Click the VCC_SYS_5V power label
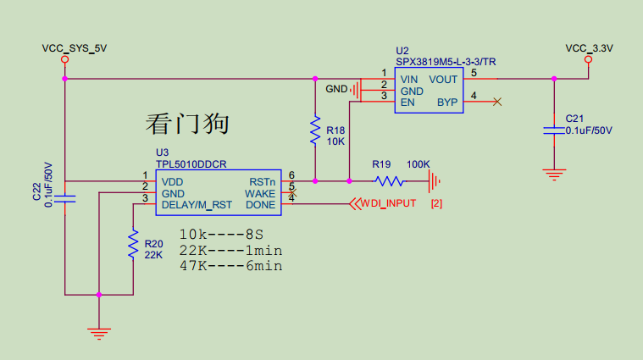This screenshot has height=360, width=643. (x=74, y=48)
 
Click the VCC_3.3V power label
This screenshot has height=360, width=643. (x=589, y=48)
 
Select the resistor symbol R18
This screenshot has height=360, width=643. (x=316, y=130)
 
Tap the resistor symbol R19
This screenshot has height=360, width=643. (x=390, y=180)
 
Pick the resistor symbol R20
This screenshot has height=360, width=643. (x=133, y=244)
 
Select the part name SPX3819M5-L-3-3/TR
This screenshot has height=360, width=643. (x=445, y=62)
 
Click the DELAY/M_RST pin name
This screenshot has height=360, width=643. (x=197, y=204)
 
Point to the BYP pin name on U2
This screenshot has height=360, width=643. (x=447, y=102)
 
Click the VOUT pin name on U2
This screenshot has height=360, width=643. (x=443, y=80)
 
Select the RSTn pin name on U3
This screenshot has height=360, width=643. (x=262, y=182)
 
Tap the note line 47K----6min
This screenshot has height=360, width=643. (x=230, y=266)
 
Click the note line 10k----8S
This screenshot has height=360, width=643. (x=221, y=234)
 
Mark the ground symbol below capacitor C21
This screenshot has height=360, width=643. (x=554, y=174)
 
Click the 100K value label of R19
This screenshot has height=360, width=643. (x=419, y=163)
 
